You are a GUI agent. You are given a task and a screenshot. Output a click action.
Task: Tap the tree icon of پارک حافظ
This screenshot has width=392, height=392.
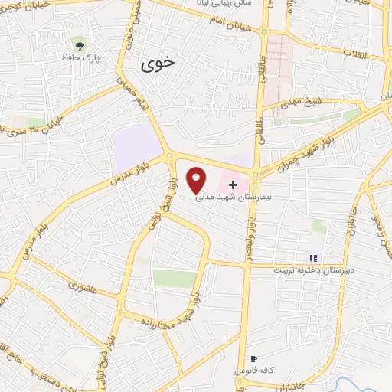pyautogui.click(x=79, y=43)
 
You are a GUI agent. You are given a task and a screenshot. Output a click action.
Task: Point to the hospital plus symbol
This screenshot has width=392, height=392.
pyautogui.click(x=234, y=184)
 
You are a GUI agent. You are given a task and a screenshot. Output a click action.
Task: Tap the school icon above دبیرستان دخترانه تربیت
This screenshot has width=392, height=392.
pyautogui.click(x=312, y=258)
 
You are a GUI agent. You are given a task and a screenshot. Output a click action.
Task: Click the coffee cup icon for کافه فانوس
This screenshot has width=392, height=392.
pyautogui.click(x=253, y=358)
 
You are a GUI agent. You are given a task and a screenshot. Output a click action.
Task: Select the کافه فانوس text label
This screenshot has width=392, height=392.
pyautogui.click(x=253, y=371)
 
